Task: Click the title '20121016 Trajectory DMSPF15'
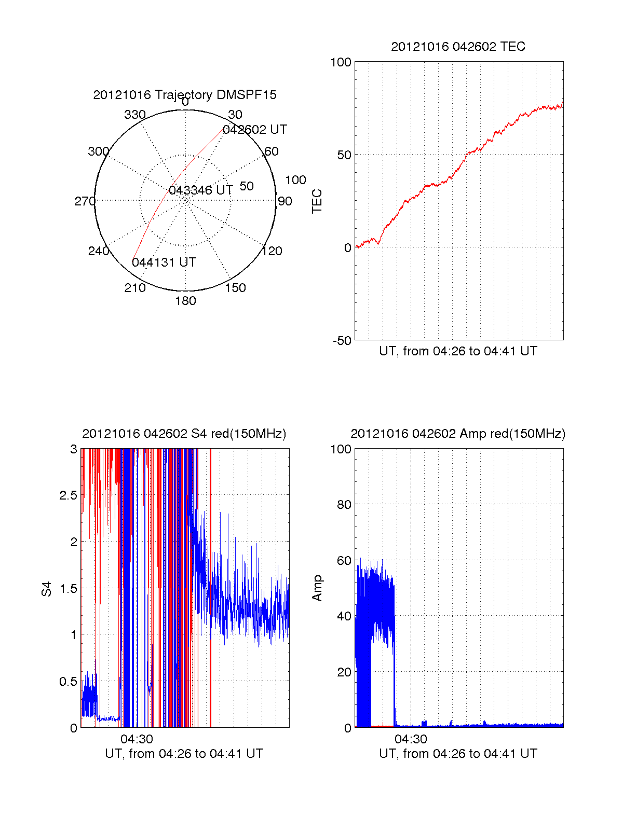(185, 95)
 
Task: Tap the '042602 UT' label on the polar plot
(254, 130)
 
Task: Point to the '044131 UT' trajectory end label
(164, 262)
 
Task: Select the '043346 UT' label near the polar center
(201, 190)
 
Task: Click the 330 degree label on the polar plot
(135, 115)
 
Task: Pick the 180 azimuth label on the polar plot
(185, 301)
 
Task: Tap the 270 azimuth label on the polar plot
(85, 201)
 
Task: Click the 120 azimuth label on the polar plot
(272, 252)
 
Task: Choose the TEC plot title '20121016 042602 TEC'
(458, 47)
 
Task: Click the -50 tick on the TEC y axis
(342, 341)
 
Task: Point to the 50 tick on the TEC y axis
(344, 155)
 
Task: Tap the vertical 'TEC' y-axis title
(317, 201)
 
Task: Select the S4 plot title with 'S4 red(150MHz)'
(184, 434)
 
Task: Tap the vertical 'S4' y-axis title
(47, 589)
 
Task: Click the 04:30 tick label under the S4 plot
(137, 739)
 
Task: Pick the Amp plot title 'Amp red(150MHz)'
(458, 434)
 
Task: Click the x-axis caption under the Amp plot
(458, 754)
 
